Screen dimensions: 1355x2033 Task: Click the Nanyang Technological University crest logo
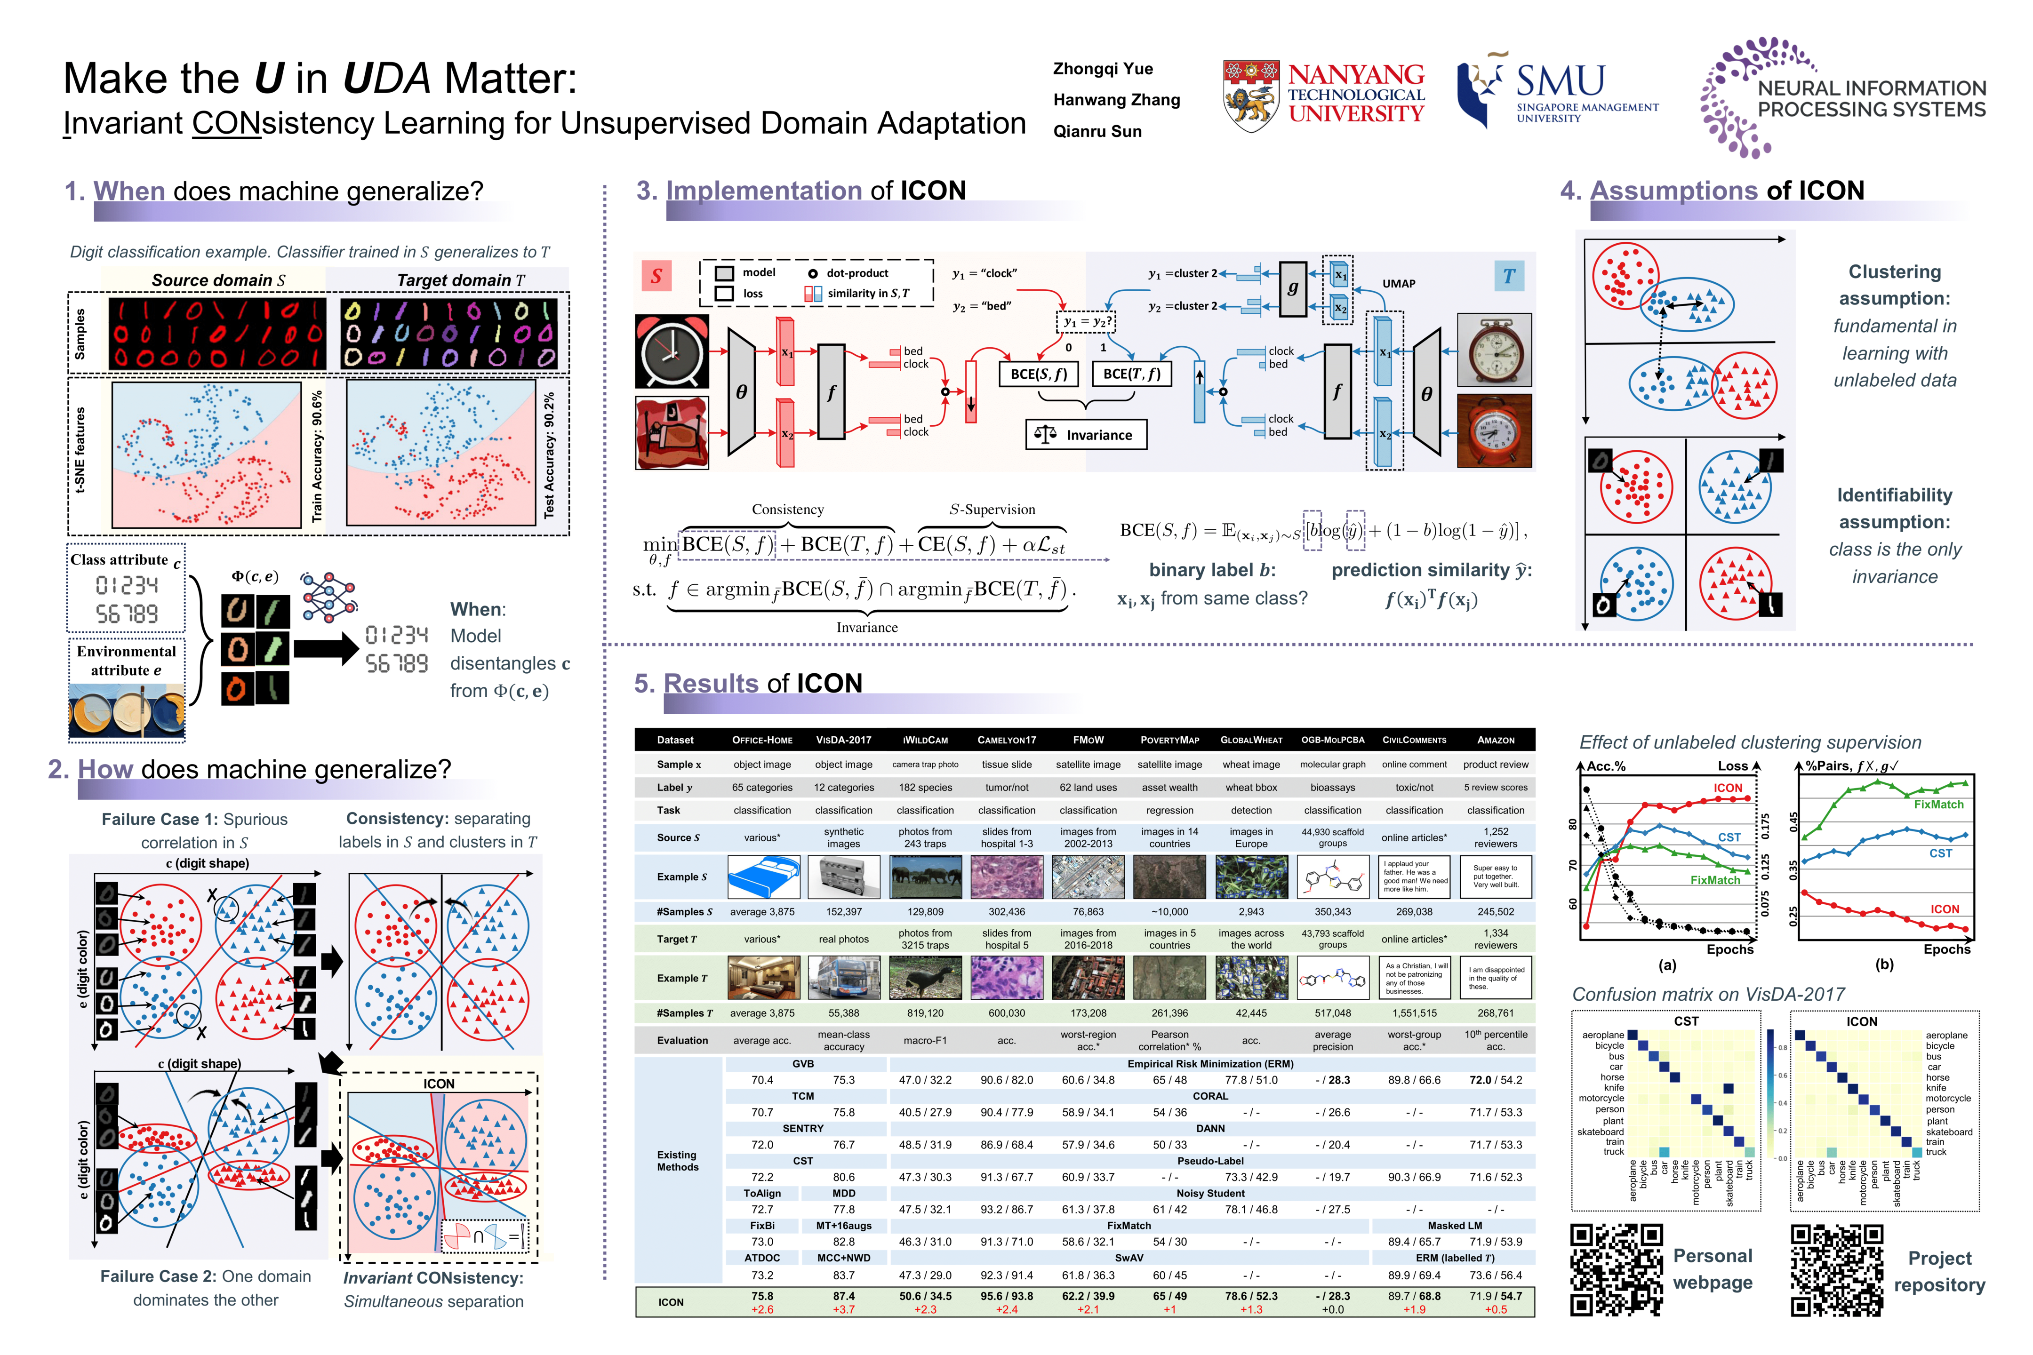pos(1251,95)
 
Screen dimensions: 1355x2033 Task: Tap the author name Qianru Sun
pos(1097,131)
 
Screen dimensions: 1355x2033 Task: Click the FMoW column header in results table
pos(1088,740)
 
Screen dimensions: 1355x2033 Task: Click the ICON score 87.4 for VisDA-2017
pos(844,1296)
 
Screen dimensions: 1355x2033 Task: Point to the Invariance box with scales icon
pos(1087,435)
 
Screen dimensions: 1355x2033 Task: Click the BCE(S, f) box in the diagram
pos(1038,374)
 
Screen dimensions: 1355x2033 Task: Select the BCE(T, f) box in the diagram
pos(1131,374)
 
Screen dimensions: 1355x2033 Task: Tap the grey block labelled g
pos(1292,288)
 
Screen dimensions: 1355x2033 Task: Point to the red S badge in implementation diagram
pos(656,276)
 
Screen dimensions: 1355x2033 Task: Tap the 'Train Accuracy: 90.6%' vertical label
pos(317,455)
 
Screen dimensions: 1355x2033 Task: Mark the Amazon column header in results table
pos(1496,740)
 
